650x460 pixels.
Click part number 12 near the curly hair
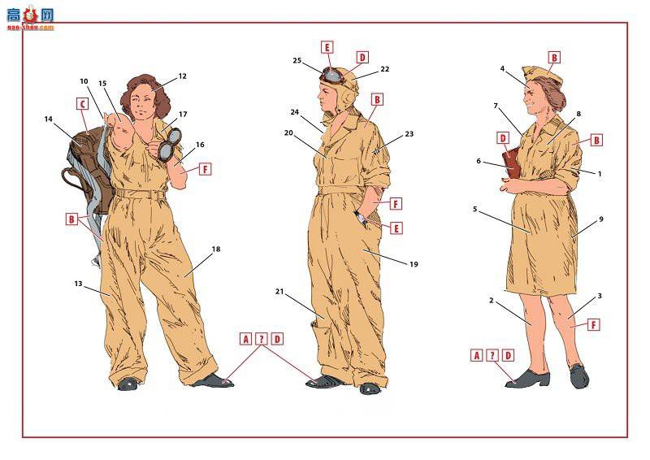click(x=182, y=76)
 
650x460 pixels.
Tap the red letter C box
click(x=83, y=104)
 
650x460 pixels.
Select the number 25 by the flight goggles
click(x=297, y=61)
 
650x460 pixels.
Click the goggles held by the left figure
click(x=169, y=144)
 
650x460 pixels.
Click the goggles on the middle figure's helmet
click(x=331, y=76)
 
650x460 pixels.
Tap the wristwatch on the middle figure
click(x=360, y=217)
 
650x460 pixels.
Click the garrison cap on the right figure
click(x=542, y=76)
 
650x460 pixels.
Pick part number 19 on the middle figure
click(x=414, y=264)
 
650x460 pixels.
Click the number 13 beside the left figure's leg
click(x=78, y=284)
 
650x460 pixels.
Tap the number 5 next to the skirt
click(x=475, y=209)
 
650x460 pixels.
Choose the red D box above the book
click(x=503, y=138)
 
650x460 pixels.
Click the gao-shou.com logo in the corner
click(x=30, y=17)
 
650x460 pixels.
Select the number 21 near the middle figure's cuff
click(x=279, y=292)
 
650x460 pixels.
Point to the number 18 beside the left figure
click(x=216, y=249)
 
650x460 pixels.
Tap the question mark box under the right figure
click(x=492, y=355)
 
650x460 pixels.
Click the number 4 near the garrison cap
click(x=502, y=69)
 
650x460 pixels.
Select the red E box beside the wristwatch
click(x=396, y=228)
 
